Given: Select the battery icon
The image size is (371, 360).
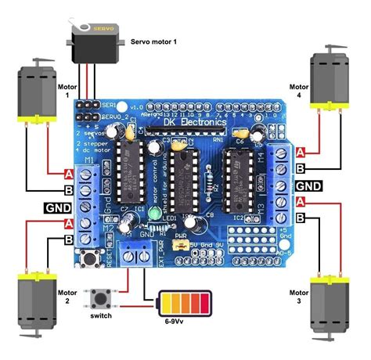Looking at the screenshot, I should (186, 303).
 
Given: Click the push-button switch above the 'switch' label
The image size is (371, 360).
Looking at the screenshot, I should (99, 298).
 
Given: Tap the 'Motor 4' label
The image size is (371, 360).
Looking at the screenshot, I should (298, 92).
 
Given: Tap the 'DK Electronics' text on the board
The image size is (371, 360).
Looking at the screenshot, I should (196, 123).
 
